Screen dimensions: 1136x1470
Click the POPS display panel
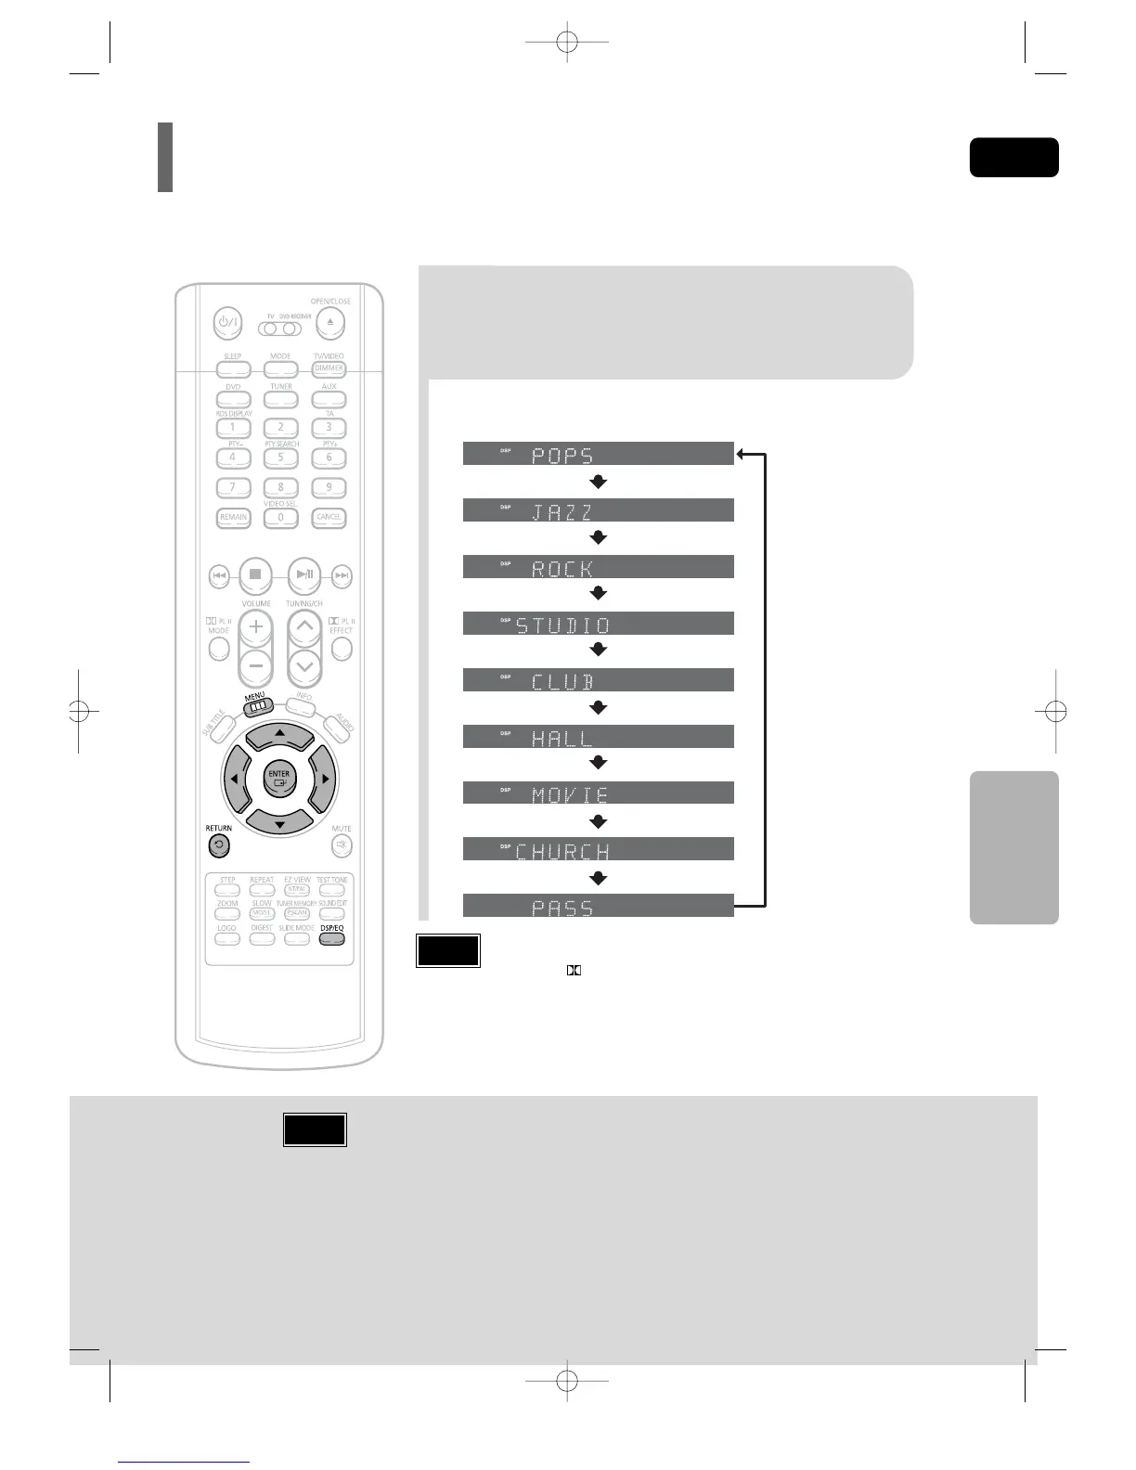coord(598,454)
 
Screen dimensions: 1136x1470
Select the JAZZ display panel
coord(598,510)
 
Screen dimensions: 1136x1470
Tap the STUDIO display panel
coord(598,624)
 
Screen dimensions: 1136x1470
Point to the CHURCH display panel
coord(598,849)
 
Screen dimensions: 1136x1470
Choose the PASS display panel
coord(598,907)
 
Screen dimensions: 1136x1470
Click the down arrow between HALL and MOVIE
coord(599,764)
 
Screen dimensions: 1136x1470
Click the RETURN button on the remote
coord(218,845)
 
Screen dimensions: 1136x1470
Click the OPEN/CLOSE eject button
coord(330,323)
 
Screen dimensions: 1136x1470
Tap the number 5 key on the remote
coord(280,457)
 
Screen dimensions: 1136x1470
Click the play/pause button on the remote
coord(303,574)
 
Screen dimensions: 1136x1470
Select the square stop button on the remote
coord(255,574)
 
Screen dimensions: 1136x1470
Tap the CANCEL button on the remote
coord(329,517)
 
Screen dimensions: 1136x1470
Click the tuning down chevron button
coord(304,664)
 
